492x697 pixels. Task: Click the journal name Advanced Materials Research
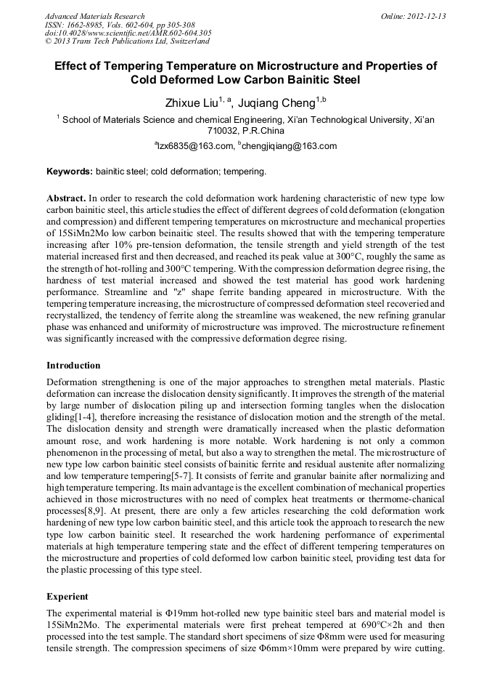(94, 16)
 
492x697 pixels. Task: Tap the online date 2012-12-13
(426, 16)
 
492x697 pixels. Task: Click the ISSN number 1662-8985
(86, 25)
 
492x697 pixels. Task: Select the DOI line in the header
(128, 33)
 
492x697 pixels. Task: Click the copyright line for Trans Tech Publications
(127, 41)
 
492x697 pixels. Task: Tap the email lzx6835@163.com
(196, 146)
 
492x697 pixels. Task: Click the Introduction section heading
(73, 365)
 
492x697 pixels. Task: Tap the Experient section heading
(67, 595)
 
